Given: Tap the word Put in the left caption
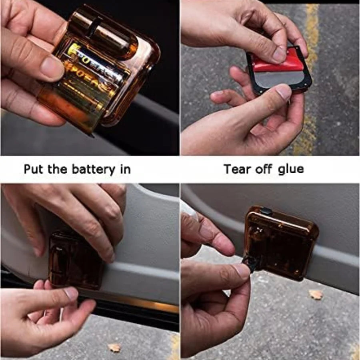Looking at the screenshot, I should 34,169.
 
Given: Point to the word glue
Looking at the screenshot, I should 289,169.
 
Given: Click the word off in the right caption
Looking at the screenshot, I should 264,169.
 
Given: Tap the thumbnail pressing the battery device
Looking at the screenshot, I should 52,68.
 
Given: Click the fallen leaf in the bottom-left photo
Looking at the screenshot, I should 114,348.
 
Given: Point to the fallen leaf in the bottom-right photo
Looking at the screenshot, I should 316,294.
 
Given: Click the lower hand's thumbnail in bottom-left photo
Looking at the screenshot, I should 71,294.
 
